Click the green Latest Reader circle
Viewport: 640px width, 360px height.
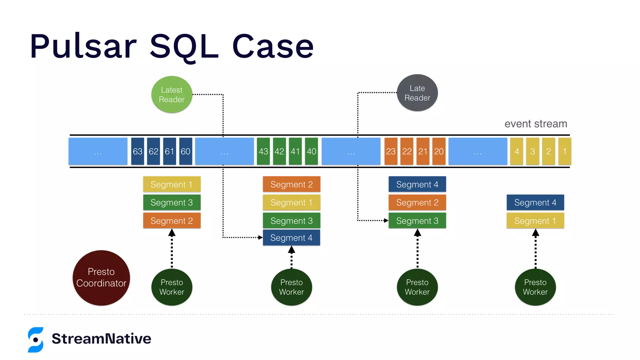[x=172, y=94]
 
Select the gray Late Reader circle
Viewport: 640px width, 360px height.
[x=417, y=93]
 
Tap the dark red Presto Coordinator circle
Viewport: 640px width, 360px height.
[x=101, y=277]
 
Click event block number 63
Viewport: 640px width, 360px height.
[x=137, y=151]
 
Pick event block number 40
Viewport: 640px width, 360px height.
[x=311, y=151]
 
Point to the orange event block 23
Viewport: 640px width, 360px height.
[x=391, y=151]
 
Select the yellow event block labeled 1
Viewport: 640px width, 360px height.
[x=564, y=151]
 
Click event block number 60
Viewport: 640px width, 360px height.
[x=185, y=151]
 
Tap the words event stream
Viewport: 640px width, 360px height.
[x=536, y=124]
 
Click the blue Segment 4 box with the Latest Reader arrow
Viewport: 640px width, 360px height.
[x=291, y=238]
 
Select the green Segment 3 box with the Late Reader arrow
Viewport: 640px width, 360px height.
[x=417, y=221]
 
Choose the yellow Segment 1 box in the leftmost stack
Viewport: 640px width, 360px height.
[x=172, y=184]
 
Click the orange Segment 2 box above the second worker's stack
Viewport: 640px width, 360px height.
[x=291, y=184]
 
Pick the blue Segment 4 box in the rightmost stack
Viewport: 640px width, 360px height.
[x=535, y=202]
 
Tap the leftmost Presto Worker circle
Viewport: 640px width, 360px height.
[x=172, y=287]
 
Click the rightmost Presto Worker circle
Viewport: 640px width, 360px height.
[x=535, y=287]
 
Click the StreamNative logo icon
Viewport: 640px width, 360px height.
[x=36, y=340]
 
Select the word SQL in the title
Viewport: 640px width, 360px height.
[x=184, y=46]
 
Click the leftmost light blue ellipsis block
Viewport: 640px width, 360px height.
[x=98, y=151]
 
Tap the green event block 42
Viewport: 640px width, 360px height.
[x=279, y=151]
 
